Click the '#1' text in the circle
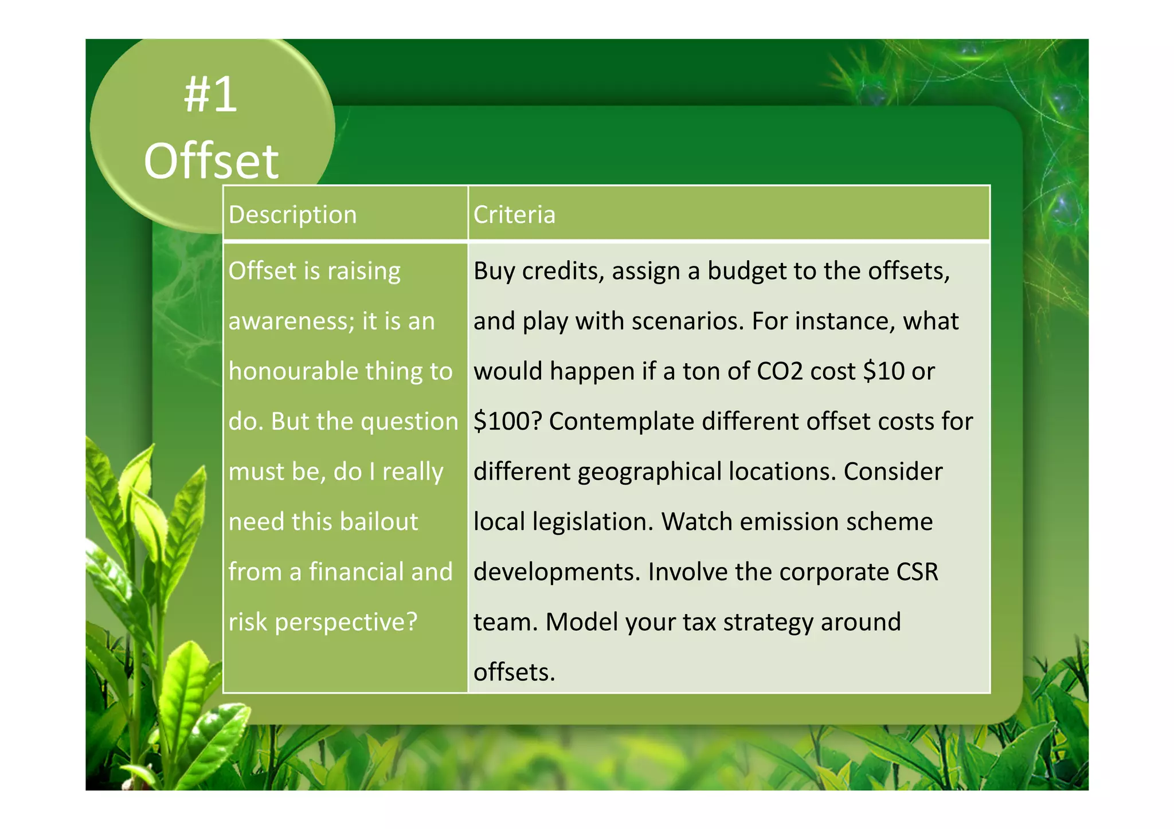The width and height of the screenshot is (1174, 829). pos(210,95)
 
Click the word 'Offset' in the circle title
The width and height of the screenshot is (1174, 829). pos(211,162)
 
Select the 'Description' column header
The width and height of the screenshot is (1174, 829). pos(292,215)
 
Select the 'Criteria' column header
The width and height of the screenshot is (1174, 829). pos(514,215)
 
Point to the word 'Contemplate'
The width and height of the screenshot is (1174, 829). pos(621,422)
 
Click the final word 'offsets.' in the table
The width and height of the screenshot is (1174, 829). pos(514,672)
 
